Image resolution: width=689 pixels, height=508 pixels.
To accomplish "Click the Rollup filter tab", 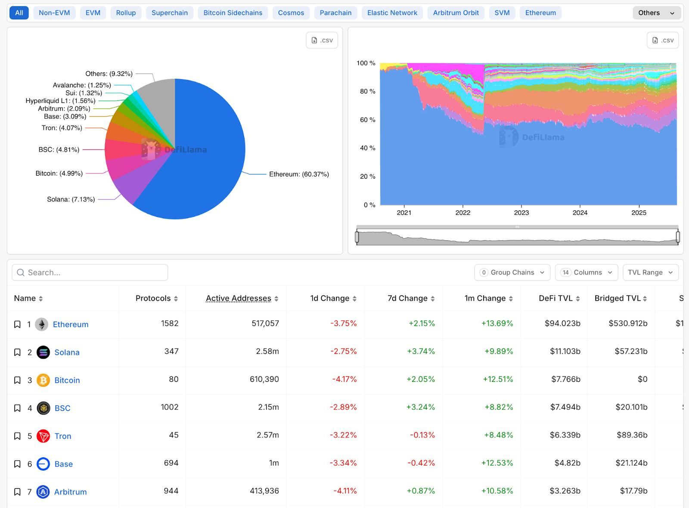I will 126,13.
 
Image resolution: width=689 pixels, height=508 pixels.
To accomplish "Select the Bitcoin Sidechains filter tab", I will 233,13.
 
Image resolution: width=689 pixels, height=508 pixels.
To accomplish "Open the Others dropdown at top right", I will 656,13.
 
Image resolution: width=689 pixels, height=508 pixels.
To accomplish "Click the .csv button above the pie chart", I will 322,40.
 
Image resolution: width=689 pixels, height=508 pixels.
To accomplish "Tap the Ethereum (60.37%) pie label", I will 299,174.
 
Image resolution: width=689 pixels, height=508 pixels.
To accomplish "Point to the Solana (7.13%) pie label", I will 71,199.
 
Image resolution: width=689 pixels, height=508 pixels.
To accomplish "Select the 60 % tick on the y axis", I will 367,120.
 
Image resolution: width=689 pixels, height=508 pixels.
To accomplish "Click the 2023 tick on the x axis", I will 521,213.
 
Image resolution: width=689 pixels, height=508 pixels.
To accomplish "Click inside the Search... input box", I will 90,273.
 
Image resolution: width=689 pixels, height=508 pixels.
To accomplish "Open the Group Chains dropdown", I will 512,273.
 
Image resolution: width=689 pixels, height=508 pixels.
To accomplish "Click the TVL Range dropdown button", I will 650,273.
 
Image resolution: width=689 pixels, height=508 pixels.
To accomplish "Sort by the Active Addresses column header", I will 239,298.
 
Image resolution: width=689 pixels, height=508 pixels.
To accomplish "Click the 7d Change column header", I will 407,298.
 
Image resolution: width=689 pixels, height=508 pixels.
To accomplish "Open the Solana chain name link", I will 67,353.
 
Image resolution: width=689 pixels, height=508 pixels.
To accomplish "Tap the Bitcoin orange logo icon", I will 43,380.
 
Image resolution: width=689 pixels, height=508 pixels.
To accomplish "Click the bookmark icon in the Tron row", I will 17,436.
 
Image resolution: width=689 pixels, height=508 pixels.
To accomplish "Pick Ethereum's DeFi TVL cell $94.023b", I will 562,323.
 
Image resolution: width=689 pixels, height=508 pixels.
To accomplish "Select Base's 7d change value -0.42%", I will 421,463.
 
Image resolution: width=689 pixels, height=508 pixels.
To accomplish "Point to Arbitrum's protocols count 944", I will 171,491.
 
